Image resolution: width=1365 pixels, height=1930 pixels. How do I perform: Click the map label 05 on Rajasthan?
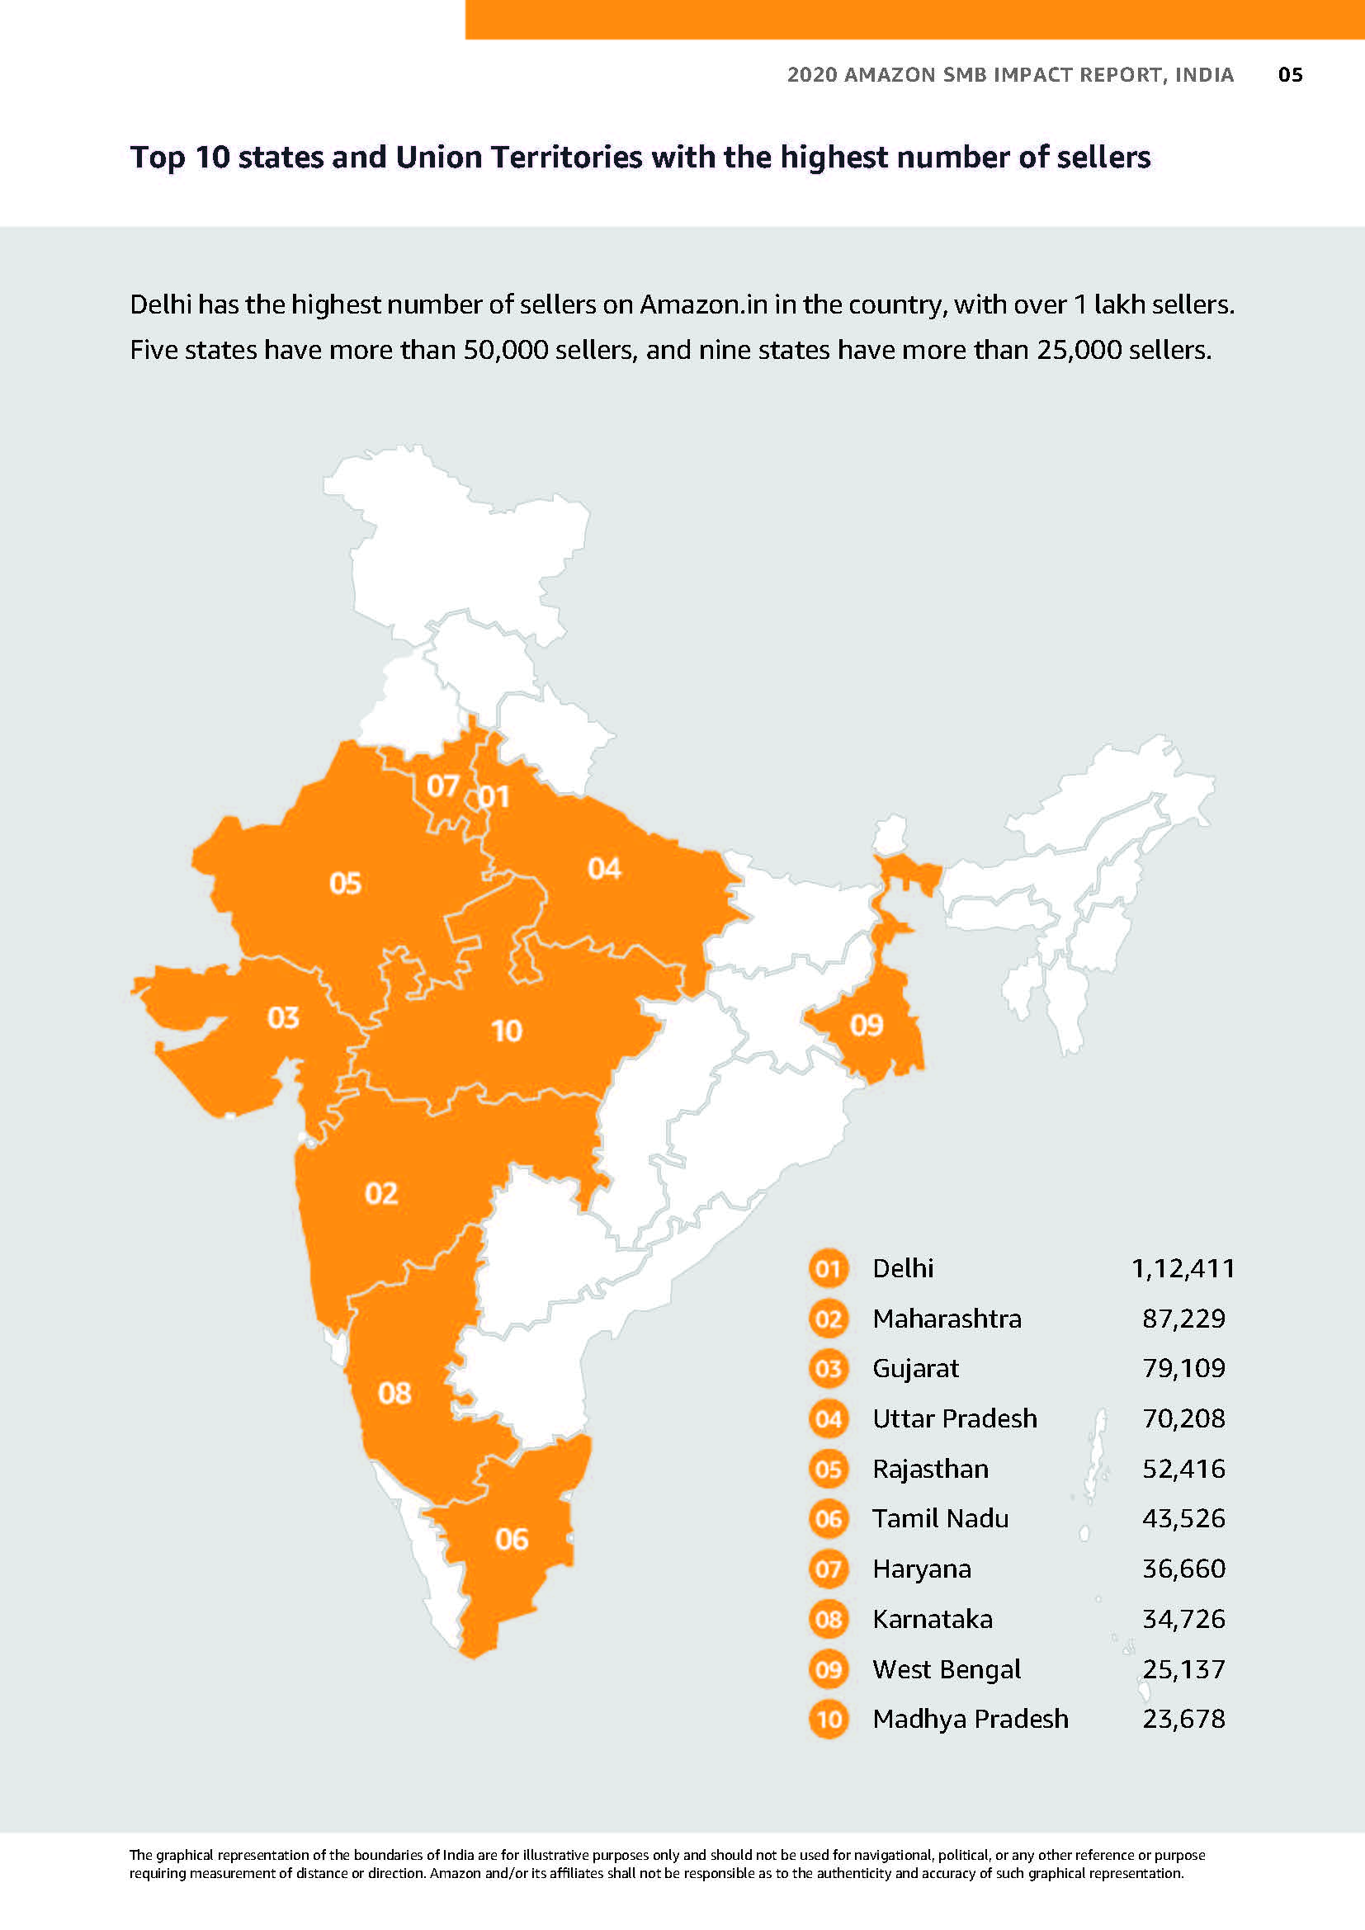click(x=345, y=884)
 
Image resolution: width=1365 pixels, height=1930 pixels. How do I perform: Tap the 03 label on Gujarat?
click(x=283, y=1018)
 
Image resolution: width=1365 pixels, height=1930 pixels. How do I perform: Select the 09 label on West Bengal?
click(x=867, y=1025)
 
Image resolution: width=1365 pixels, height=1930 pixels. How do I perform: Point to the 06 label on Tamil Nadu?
click(x=511, y=1539)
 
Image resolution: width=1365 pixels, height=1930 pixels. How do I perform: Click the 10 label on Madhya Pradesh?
click(x=506, y=1031)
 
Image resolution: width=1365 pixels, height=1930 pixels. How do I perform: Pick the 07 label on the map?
click(x=442, y=786)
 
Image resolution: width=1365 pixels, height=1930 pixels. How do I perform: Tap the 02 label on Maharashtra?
click(x=380, y=1194)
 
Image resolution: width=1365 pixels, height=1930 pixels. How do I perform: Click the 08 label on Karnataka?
click(x=394, y=1394)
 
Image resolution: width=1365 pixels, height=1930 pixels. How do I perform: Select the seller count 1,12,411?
click(x=1183, y=1268)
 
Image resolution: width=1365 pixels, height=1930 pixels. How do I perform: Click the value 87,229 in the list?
click(x=1183, y=1318)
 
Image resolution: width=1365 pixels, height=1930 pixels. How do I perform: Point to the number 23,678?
click(x=1183, y=1718)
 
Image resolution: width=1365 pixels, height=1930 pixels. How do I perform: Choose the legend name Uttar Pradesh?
click(x=954, y=1418)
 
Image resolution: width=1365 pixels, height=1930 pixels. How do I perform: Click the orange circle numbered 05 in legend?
click(x=828, y=1469)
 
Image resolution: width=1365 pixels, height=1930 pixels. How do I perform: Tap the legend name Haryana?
click(x=921, y=1569)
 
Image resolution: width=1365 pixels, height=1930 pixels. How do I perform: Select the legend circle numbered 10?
click(x=828, y=1719)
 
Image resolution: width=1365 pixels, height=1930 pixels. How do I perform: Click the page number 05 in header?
click(x=1289, y=75)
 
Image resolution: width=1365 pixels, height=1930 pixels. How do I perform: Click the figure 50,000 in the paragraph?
click(x=505, y=350)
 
